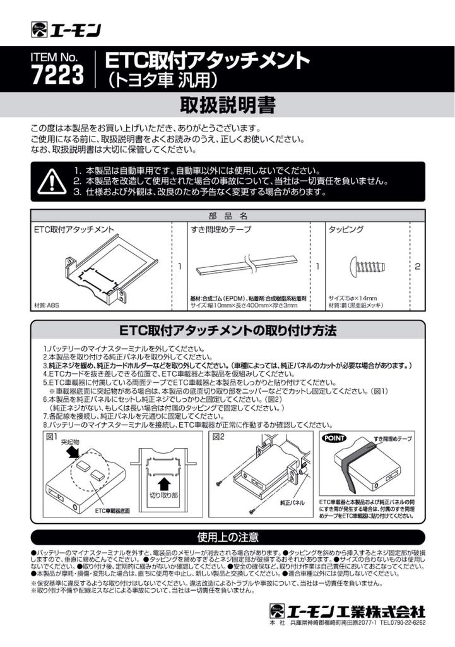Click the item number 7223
(x=57, y=75)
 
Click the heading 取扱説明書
(x=227, y=104)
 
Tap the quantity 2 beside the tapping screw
(x=417, y=267)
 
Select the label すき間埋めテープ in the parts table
(x=220, y=230)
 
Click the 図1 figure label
(x=51, y=437)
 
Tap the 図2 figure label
(x=218, y=437)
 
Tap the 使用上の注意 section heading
(x=227, y=538)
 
